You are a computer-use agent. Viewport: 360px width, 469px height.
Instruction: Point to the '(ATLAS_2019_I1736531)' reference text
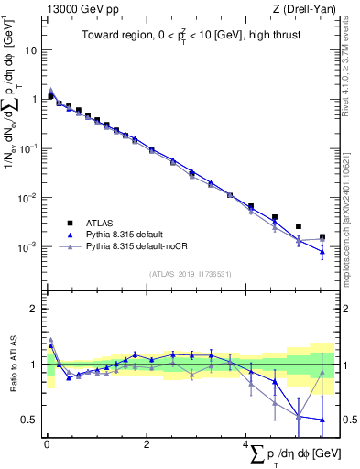point(190,273)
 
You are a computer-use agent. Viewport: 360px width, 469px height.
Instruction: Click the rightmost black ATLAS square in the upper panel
point(322,236)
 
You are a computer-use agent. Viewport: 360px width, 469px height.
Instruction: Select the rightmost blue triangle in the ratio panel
point(322,420)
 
